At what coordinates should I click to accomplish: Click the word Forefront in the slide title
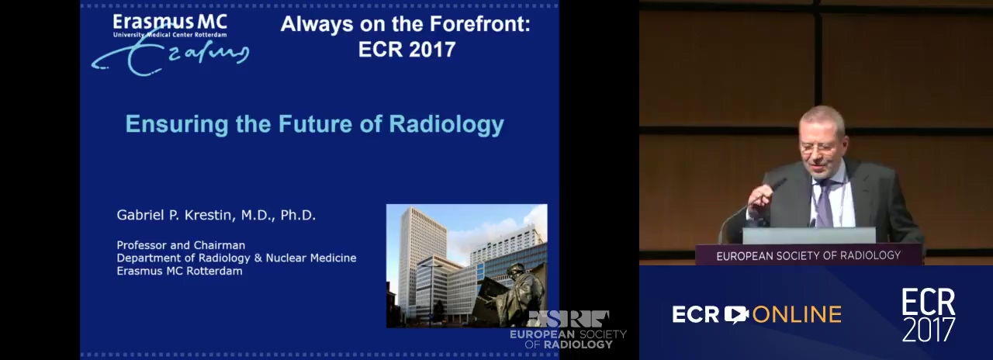click(x=479, y=23)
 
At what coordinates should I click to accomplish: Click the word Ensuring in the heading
click(x=177, y=125)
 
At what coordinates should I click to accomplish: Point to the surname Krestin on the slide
click(x=208, y=215)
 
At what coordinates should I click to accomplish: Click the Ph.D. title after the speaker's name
click(x=298, y=215)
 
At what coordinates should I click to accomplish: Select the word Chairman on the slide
click(x=219, y=245)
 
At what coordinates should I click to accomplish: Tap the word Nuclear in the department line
click(x=286, y=258)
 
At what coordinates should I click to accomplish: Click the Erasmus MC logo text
click(x=170, y=22)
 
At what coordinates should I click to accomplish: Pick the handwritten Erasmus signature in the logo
click(x=170, y=55)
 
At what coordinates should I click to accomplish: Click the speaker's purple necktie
click(x=825, y=203)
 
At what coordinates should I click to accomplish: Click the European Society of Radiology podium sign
click(x=808, y=256)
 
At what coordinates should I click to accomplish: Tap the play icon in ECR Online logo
click(x=736, y=315)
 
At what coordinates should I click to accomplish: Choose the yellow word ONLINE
click(x=797, y=315)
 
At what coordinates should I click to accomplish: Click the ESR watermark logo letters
click(x=568, y=319)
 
